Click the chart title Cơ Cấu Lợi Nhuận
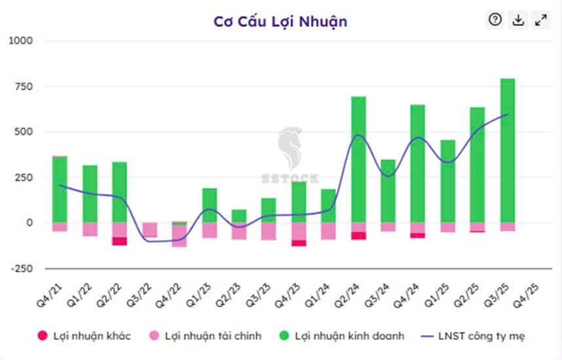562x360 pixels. click(280, 21)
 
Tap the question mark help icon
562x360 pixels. click(495, 20)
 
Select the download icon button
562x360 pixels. click(518, 20)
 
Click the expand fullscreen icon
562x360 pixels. click(541, 20)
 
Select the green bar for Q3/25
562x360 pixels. click(508, 151)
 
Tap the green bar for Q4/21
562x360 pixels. click(60, 190)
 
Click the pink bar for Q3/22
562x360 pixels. click(149, 229)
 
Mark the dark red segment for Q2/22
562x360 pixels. click(119, 241)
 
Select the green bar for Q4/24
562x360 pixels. click(418, 164)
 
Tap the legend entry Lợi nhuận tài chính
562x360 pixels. click(204, 336)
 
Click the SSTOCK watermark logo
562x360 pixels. click(289, 157)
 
